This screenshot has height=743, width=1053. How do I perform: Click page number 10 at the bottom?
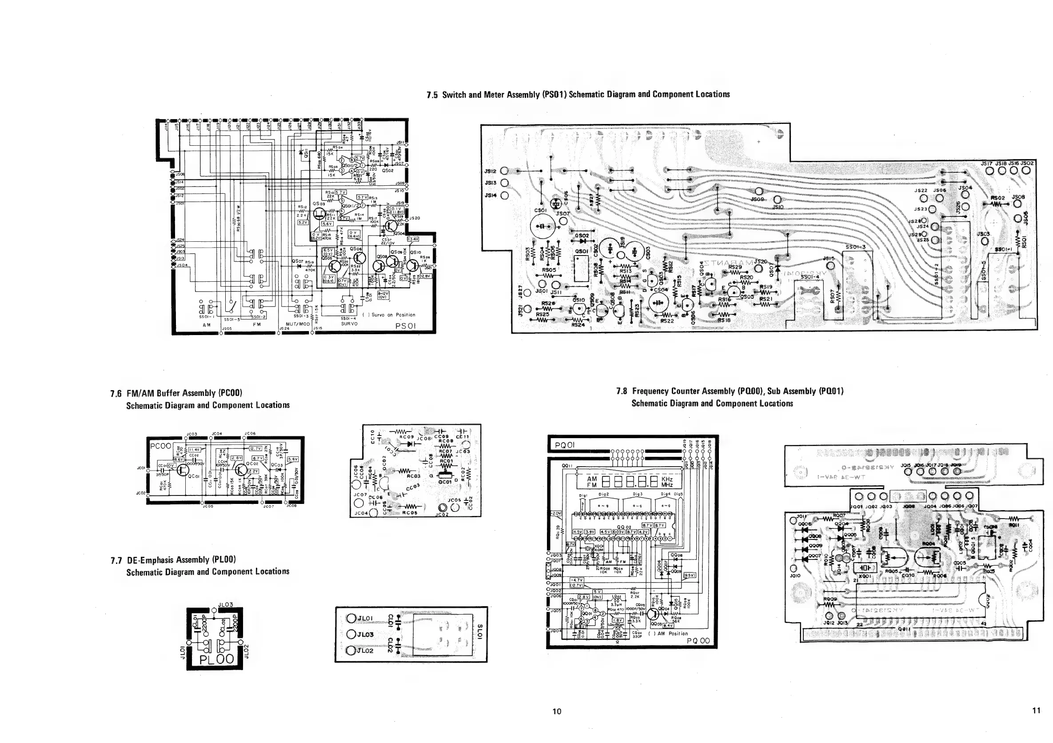pyautogui.click(x=556, y=711)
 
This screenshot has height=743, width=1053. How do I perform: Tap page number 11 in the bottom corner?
pyautogui.click(x=1036, y=711)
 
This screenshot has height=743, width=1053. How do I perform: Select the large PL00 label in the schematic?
pyautogui.click(x=216, y=659)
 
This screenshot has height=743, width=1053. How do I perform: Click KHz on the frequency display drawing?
pyautogui.click(x=667, y=479)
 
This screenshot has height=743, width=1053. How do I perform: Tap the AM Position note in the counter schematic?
pyautogui.click(x=668, y=633)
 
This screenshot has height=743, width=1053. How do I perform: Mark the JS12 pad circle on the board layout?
pyautogui.click(x=504, y=171)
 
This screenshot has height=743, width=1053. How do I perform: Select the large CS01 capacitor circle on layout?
pyautogui.click(x=542, y=227)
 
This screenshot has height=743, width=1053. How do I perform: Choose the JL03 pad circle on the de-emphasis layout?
pyautogui.click(x=352, y=635)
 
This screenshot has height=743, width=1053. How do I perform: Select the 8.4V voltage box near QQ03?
pyautogui.click(x=668, y=625)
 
